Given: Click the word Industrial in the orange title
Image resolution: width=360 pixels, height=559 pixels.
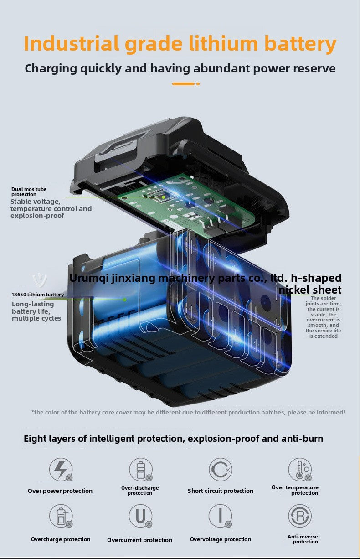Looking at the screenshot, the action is point(71,44).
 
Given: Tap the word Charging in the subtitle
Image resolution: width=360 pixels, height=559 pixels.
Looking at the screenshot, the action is point(51,69).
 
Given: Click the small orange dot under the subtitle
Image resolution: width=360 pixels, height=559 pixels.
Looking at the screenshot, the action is point(198,84).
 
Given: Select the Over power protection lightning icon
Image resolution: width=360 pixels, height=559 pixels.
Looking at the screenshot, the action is point(61,470).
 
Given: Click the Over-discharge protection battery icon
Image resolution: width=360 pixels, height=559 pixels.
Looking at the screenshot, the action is point(141,470).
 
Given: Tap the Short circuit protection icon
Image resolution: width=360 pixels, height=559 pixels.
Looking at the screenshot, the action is point(221,470).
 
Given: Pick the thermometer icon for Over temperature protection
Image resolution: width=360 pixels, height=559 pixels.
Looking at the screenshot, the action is point(300,470).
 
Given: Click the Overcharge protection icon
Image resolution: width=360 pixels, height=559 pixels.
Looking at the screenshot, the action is point(61,516).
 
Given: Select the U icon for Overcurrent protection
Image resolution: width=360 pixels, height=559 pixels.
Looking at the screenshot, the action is point(141,516).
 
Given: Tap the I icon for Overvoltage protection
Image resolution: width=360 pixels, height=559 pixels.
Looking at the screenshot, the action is point(221,516).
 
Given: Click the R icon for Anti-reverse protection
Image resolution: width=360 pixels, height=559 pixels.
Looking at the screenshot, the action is point(300,516).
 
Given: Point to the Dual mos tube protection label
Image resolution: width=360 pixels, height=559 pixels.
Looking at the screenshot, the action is point(29,192).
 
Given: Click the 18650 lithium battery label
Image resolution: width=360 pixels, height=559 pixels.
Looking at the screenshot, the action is point(38,295).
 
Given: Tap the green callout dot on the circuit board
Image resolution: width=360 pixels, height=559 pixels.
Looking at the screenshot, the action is point(163,197).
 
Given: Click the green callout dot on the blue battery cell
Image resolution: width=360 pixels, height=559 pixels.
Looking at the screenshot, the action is point(124,300).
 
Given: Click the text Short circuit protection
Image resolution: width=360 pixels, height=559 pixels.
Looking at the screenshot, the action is point(221,491).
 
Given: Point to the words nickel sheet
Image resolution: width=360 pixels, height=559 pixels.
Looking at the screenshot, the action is point(310,290).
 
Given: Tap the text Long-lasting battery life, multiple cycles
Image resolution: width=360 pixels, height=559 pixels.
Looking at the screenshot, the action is point(36,311).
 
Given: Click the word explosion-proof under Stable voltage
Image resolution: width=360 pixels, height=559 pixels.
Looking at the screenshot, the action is point(37,216).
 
